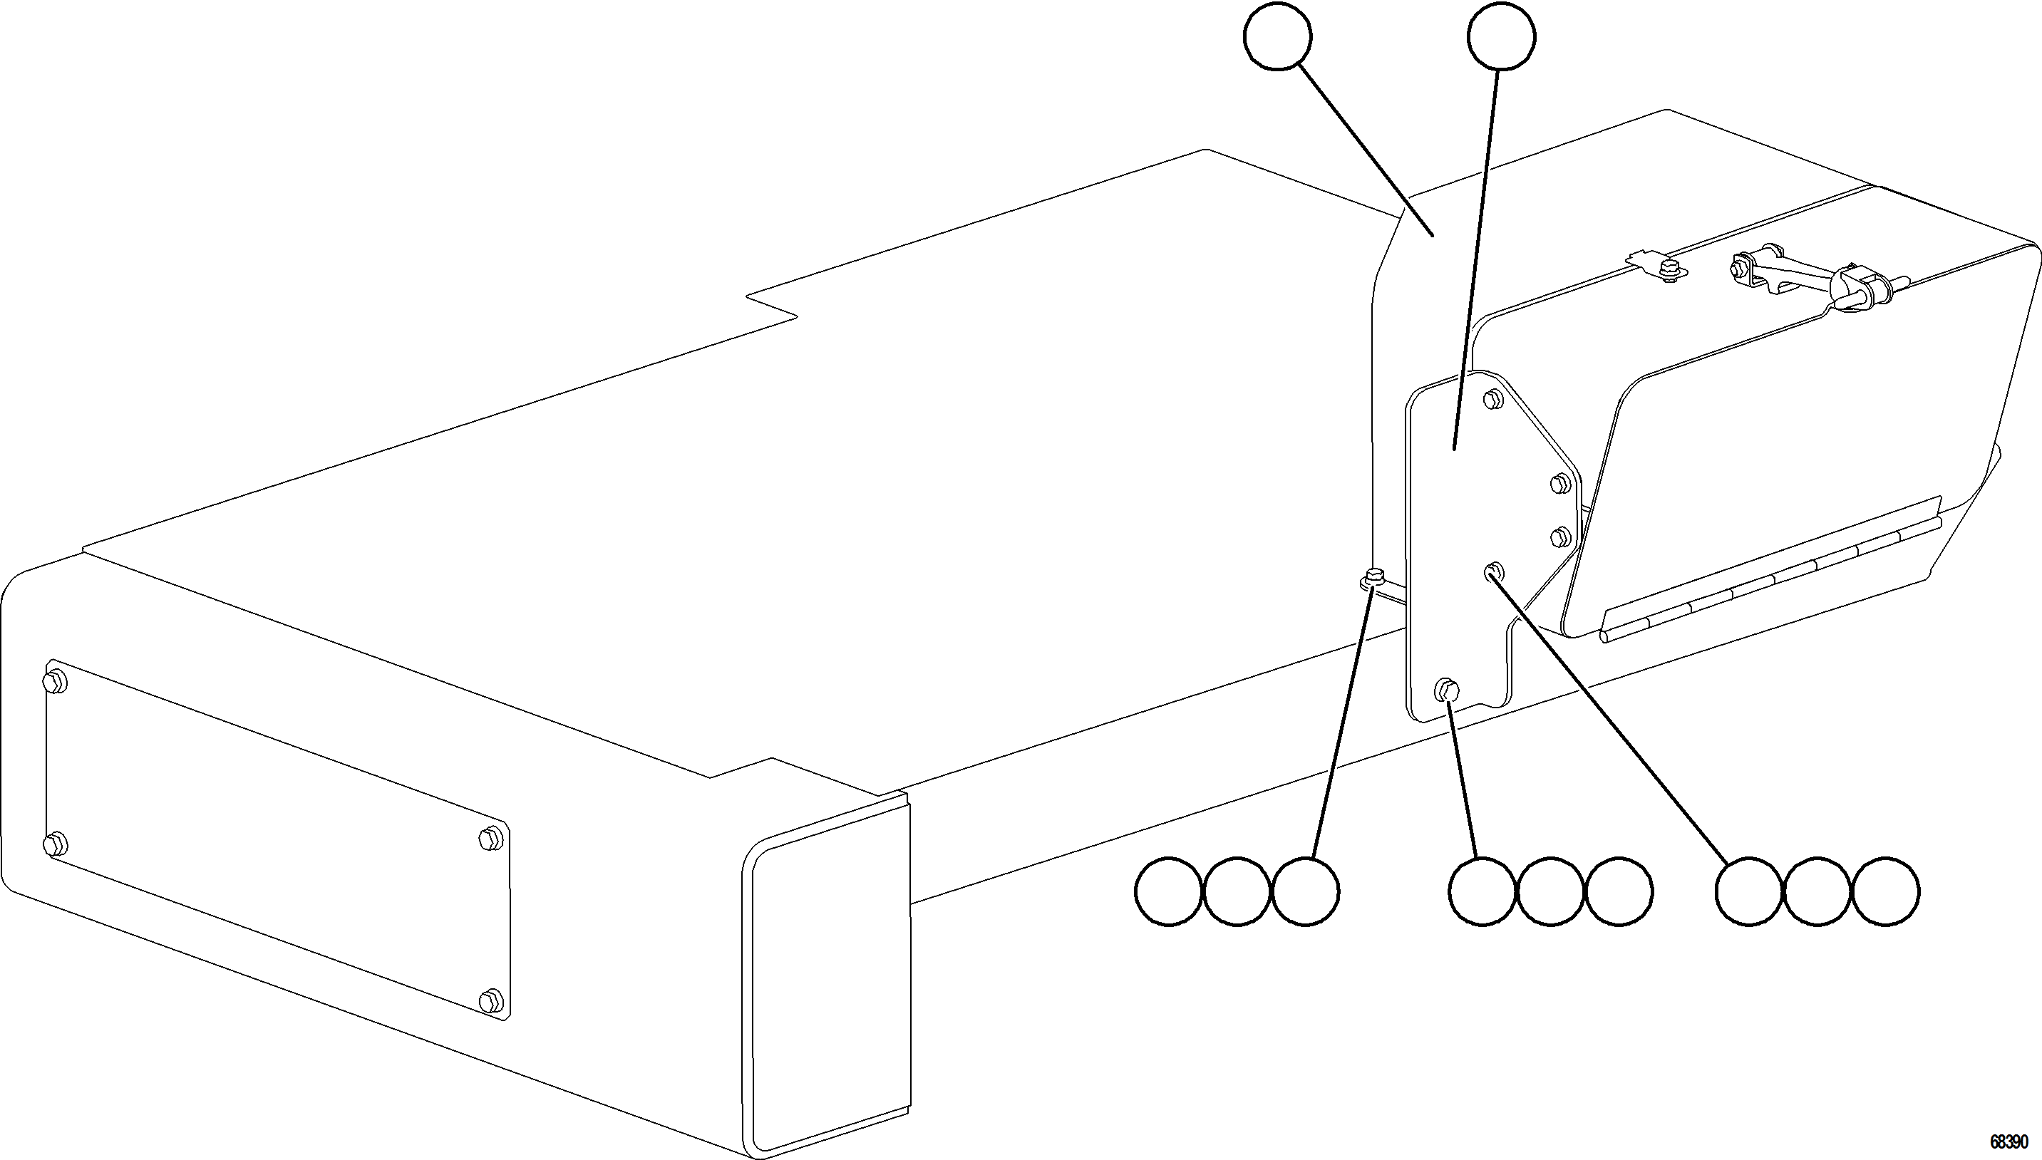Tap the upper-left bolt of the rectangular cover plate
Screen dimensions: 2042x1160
point(55,682)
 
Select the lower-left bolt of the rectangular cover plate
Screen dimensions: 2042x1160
point(55,844)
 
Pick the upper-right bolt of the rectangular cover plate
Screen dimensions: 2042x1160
point(492,838)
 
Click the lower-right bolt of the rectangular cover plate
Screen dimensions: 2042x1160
point(492,1000)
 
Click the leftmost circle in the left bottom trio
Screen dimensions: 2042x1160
point(1168,891)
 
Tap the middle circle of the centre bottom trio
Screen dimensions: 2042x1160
point(1550,891)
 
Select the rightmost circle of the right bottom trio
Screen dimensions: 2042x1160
point(1886,891)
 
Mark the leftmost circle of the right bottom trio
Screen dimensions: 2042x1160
point(1749,891)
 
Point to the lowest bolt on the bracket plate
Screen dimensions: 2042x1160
point(1447,690)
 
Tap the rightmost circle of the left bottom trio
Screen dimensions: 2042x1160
point(1305,891)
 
